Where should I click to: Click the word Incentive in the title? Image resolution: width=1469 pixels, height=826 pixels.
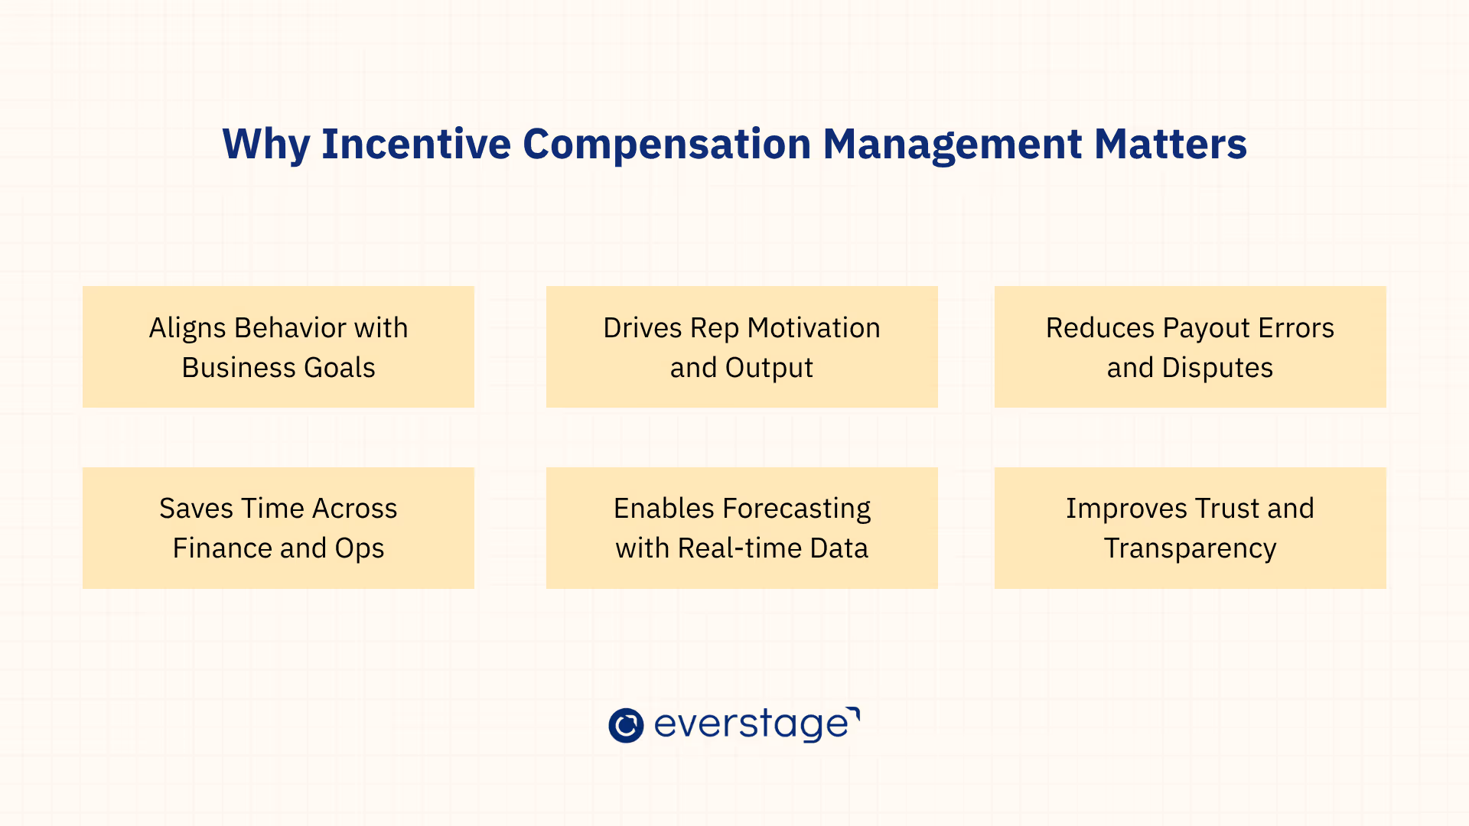[x=415, y=144]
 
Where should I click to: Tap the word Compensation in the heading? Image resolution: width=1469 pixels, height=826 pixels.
[x=666, y=144]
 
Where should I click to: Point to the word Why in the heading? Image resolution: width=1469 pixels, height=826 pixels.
[x=265, y=144]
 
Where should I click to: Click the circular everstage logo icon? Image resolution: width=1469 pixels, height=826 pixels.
[x=626, y=725]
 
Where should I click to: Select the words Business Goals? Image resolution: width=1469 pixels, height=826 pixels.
[x=278, y=368]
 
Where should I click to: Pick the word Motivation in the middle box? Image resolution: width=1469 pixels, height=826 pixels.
[x=813, y=328]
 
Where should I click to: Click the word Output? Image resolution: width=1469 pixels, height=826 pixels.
[x=768, y=368]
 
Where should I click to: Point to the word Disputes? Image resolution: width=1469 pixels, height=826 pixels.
[x=1217, y=368]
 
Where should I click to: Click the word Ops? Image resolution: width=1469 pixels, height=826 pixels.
[x=359, y=548]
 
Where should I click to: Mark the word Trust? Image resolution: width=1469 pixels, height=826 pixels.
[x=1226, y=509]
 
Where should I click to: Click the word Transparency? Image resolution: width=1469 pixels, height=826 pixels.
[x=1190, y=548]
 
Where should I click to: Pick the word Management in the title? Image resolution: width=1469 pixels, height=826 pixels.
[x=952, y=144]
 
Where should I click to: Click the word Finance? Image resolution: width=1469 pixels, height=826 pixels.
[x=222, y=548]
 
